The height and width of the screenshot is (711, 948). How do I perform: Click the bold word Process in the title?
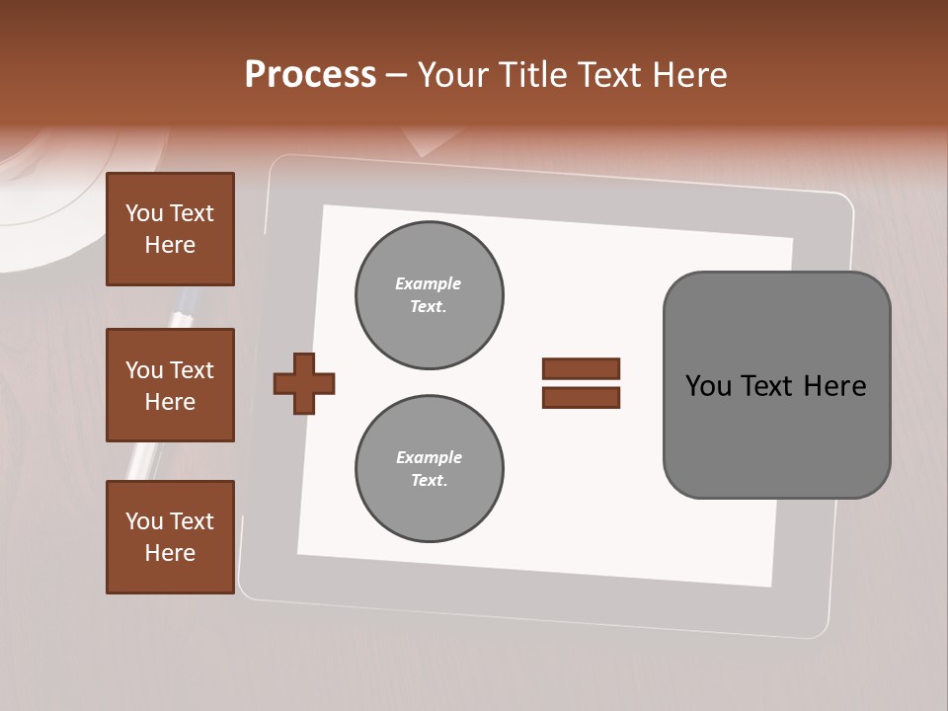coord(310,75)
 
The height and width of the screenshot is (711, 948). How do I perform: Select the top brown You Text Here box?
coord(170,229)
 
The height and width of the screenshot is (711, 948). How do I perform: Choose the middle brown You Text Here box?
coord(170,385)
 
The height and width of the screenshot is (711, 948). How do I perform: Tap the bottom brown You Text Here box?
coord(170,537)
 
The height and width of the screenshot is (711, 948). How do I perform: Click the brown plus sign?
coord(304,383)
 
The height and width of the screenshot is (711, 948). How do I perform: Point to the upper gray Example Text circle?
coord(429,295)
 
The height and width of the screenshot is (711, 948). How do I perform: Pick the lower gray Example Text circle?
coord(429,469)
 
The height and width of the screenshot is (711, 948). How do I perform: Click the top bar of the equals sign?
coord(581,368)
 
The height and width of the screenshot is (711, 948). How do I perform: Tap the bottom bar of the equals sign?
coord(581,398)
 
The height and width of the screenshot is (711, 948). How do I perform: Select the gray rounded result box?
coord(776,385)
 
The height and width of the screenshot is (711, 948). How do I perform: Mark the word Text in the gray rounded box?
coord(767,386)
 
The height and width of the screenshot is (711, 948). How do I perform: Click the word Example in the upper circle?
coord(429,283)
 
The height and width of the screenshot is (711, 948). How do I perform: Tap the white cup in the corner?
coord(39,197)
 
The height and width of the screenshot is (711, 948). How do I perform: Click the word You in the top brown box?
coord(143,213)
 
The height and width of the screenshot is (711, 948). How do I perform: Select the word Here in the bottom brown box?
coord(170,553)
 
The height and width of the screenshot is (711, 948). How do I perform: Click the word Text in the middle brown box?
coord(191,370)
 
